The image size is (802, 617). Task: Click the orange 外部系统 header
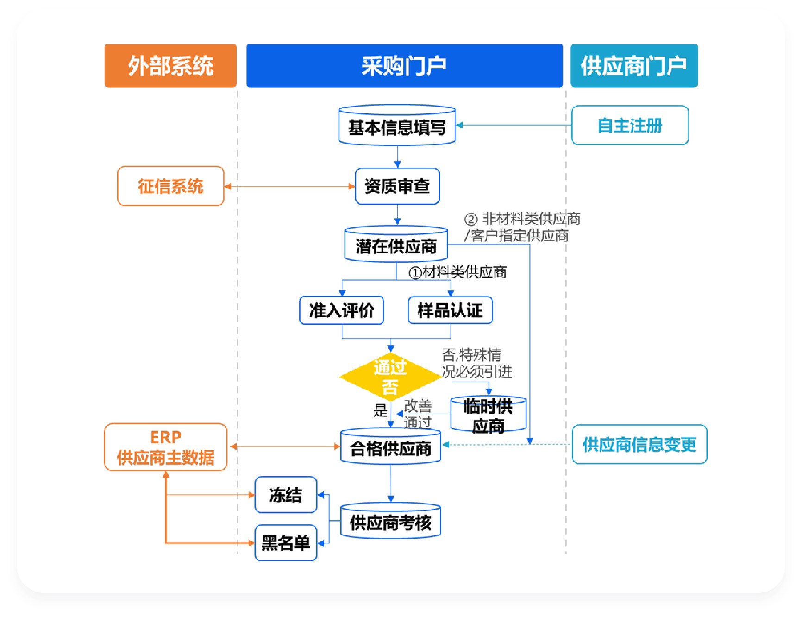[x=170, y=66]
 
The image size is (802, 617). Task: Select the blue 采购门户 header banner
[x=404, y=66]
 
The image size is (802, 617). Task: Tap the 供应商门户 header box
[x=634, y=66]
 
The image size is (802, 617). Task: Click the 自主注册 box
[x=630, y=125]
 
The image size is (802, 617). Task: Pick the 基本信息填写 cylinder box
[x=397, y=126]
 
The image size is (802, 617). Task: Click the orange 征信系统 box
[x=170, y=186]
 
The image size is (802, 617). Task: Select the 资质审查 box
[x=397, y=186]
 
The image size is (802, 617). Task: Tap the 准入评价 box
[x=341, y=310]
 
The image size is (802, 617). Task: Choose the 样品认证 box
[x=450, y=310]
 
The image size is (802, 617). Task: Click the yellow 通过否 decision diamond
[x=390, y=377]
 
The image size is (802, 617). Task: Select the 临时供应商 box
[x=488, y=415]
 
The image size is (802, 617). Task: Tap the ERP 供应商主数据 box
[x=165, y=447]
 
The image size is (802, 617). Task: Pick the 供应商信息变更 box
[x=639, y=444]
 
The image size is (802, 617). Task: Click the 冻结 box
[x=286, y=495]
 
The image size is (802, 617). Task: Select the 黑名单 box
[x=286, y=542]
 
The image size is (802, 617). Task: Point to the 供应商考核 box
[x=390, y=522]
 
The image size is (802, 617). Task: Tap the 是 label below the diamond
[x=380, y=410]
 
